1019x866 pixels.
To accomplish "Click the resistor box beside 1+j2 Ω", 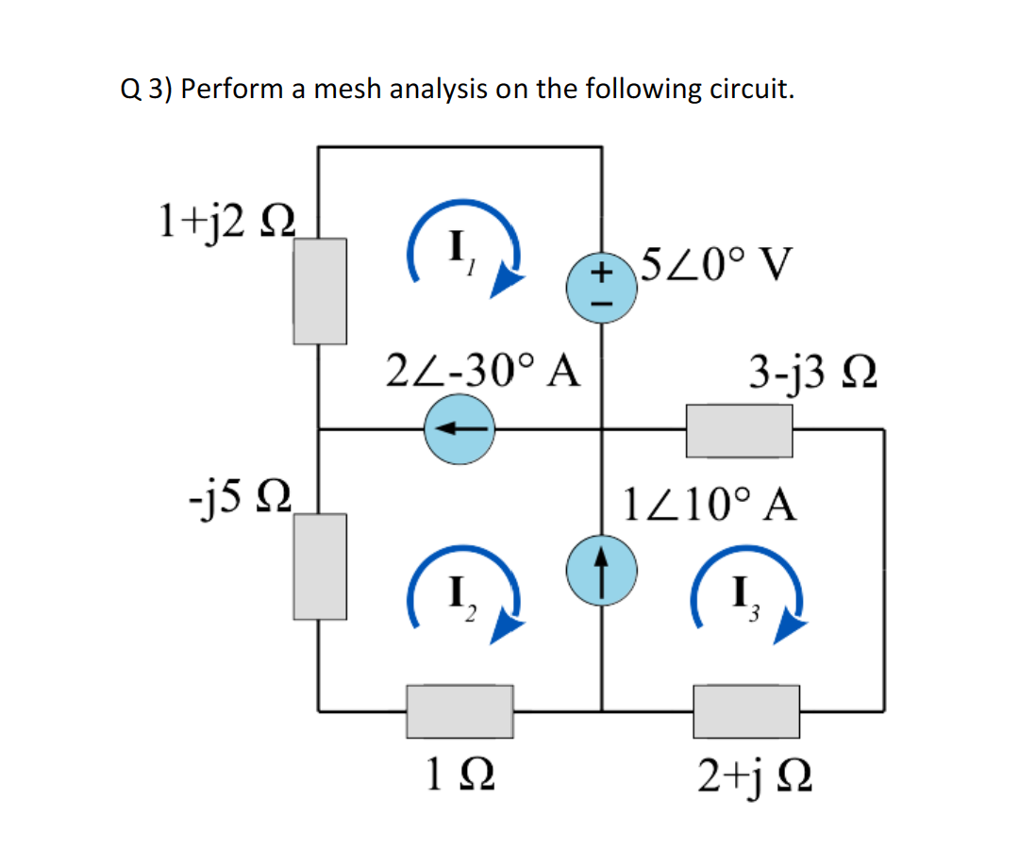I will (320, 290).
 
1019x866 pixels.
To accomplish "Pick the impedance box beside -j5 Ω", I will (320, 565).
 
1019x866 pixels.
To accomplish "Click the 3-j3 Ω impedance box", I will (739, 429).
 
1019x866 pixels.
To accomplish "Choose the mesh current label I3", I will (743, 595).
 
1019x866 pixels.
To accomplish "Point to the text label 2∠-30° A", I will (482, 370).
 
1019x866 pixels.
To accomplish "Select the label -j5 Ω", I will (240, 493).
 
